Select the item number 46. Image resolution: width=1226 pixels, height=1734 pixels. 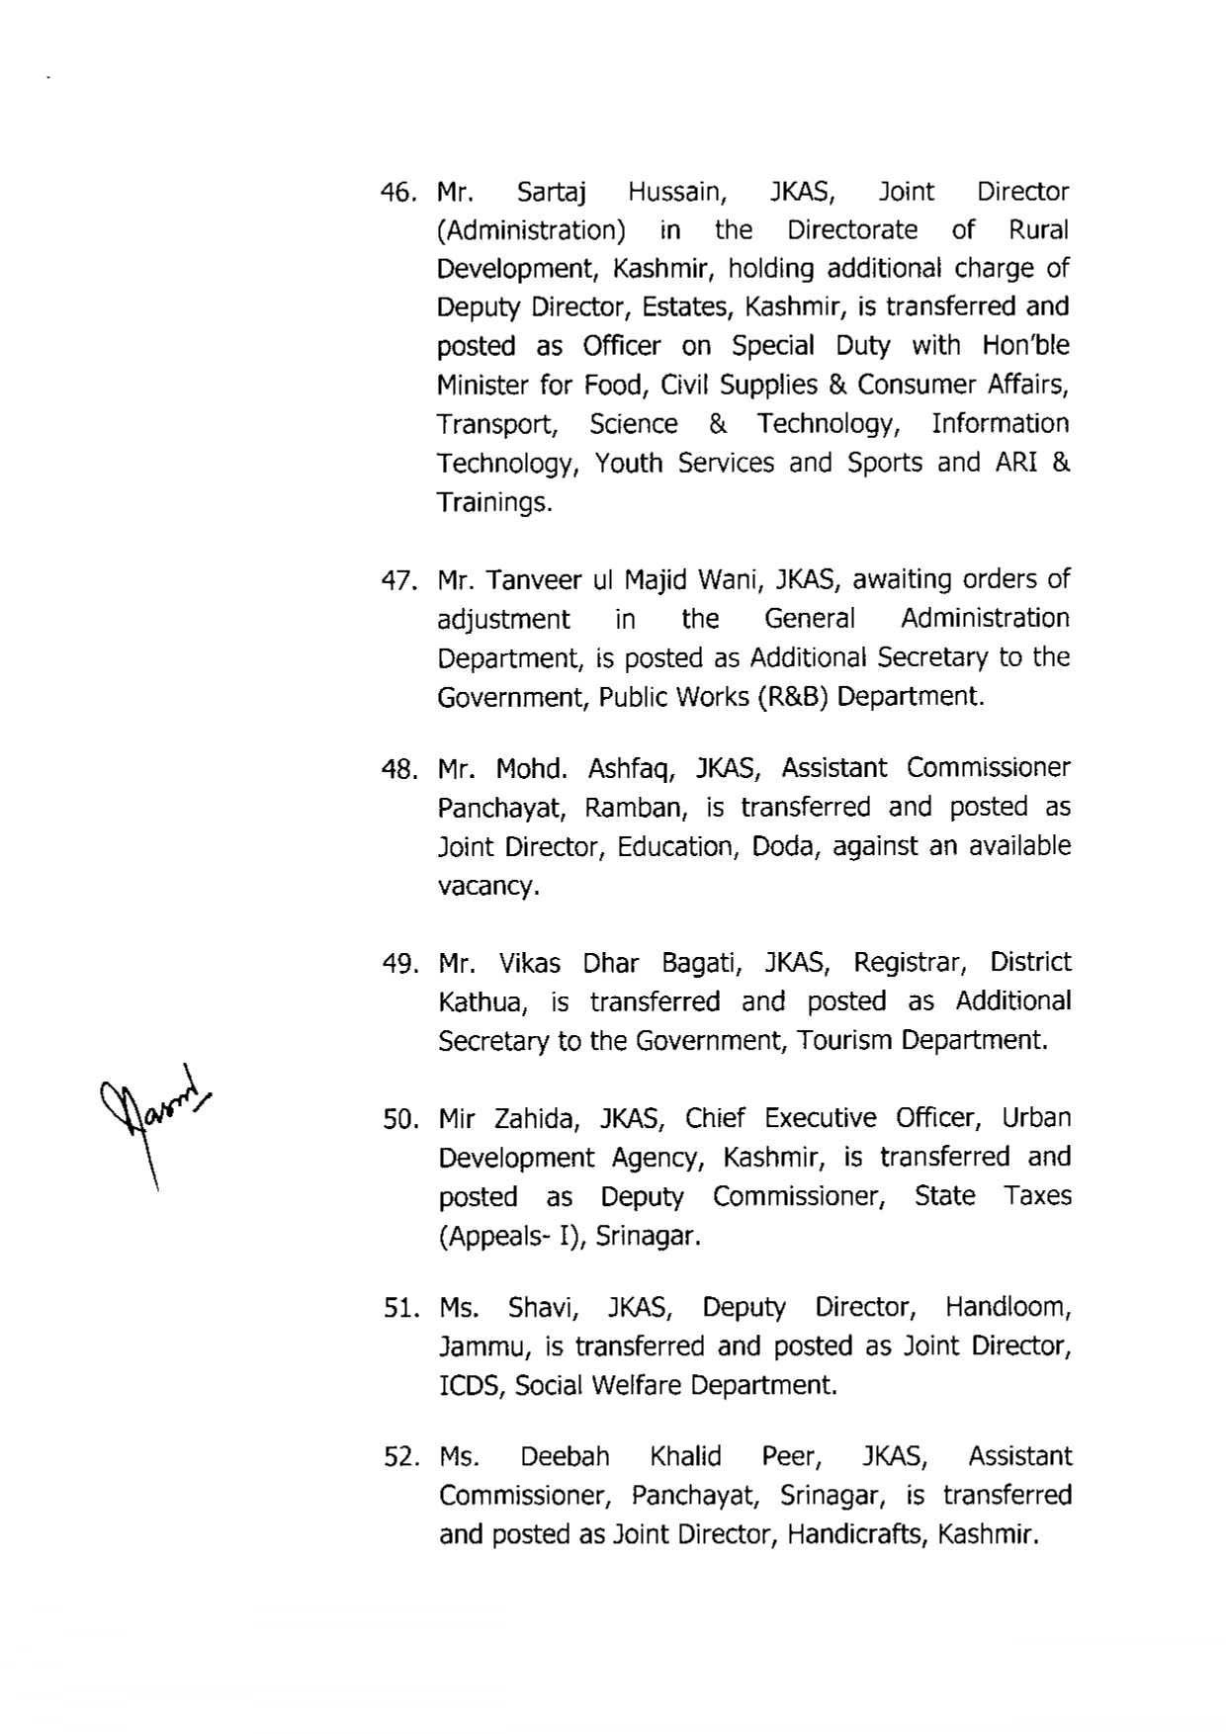pos(400,193)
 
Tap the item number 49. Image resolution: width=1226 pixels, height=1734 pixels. pos(401,964)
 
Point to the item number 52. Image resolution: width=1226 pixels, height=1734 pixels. pos(402,1458)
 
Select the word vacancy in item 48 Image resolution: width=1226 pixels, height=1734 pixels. pos(487,887)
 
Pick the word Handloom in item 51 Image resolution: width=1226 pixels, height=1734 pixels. pos(1007,1308)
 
